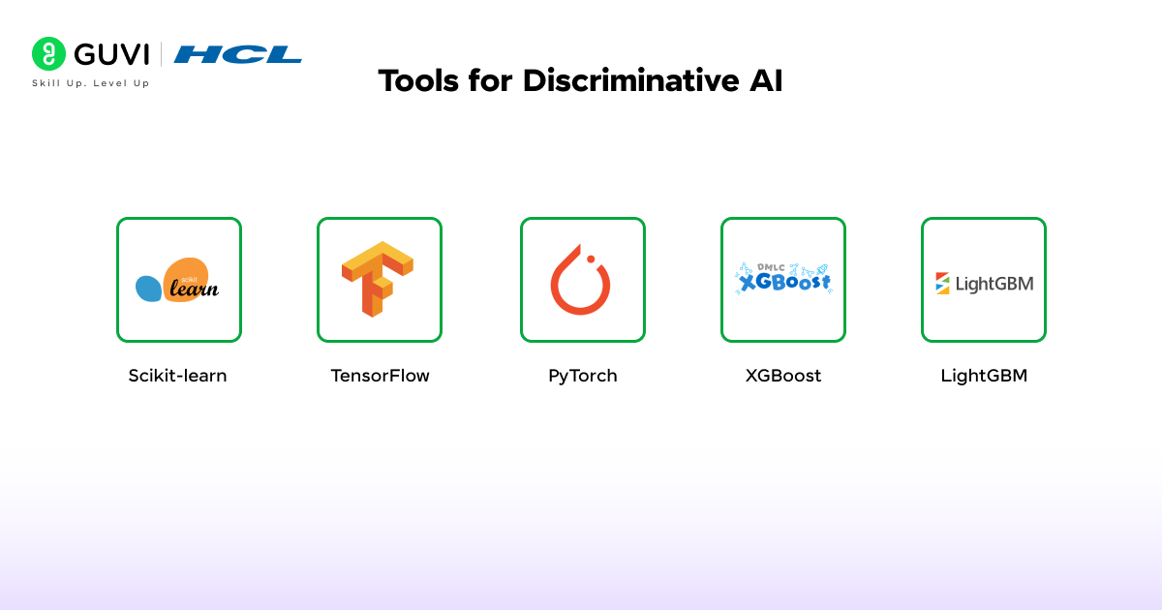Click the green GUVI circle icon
(x=48, y=54)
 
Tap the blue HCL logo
(x=238, y=54)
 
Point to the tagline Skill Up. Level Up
(x=91, y=83)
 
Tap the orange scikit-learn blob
(x=187, y=280)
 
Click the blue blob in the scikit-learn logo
(x=148, y=288)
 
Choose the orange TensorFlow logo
(x=378, y=279)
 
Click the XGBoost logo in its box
(x=783, y=280)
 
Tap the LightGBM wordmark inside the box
(x=994, y=284)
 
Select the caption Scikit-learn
(x=177, y=376)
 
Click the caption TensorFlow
(x=380, y=376)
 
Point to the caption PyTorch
(x=582, y=376)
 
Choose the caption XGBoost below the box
(x=783, y=376)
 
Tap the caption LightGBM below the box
(x=984, y=376)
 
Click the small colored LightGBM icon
(x=942, y=283)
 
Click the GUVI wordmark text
(x=111, y=54)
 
